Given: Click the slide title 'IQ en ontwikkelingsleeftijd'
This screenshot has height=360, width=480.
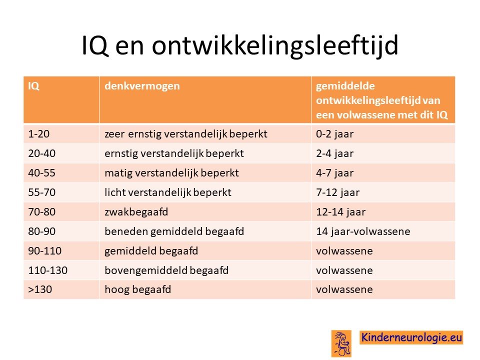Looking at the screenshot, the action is click(x=240, y=45).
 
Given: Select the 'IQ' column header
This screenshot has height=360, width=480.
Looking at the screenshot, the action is click(x=33, y=86).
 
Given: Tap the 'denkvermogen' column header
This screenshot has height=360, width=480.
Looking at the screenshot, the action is click(x=142, y=86).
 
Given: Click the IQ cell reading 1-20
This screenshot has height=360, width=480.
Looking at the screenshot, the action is click(x=39, y=134).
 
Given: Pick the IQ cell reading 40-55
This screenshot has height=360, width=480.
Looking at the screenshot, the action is click(x=41, y=173).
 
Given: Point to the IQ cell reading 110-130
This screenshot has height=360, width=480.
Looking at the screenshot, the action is click(x=48, y=270).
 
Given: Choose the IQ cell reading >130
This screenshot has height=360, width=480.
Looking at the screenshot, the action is click(x=40, y=289).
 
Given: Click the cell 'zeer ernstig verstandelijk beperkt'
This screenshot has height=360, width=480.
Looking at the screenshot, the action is click(x=186, y=134).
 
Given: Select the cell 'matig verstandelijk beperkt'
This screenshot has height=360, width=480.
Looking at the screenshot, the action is click(x=171, y=173).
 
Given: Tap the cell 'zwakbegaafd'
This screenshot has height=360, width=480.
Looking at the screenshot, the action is click(x=136, y=212).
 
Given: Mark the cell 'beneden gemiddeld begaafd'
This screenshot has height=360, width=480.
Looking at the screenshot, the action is click(x=174, y=231).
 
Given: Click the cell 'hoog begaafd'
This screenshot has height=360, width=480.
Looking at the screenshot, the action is click(x=138, y=289).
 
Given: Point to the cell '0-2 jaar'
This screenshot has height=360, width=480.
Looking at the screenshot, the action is click(x=334, y=134).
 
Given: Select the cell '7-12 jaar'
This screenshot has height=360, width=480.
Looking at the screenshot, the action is click(x=337, y=192).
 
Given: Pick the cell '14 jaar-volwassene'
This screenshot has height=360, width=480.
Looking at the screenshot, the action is click(x=363, y=231).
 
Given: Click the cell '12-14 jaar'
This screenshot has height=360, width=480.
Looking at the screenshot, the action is click(x=340, y=212).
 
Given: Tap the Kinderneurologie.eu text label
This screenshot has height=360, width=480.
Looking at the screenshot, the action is click(x=411, y=337).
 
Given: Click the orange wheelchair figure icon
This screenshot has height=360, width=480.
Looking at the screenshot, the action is click(x=341, y=343).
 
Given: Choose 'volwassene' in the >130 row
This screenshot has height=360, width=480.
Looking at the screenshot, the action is click(x=344, y=289).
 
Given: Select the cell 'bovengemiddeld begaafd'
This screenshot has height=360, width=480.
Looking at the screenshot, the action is click(x=166, y=270).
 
